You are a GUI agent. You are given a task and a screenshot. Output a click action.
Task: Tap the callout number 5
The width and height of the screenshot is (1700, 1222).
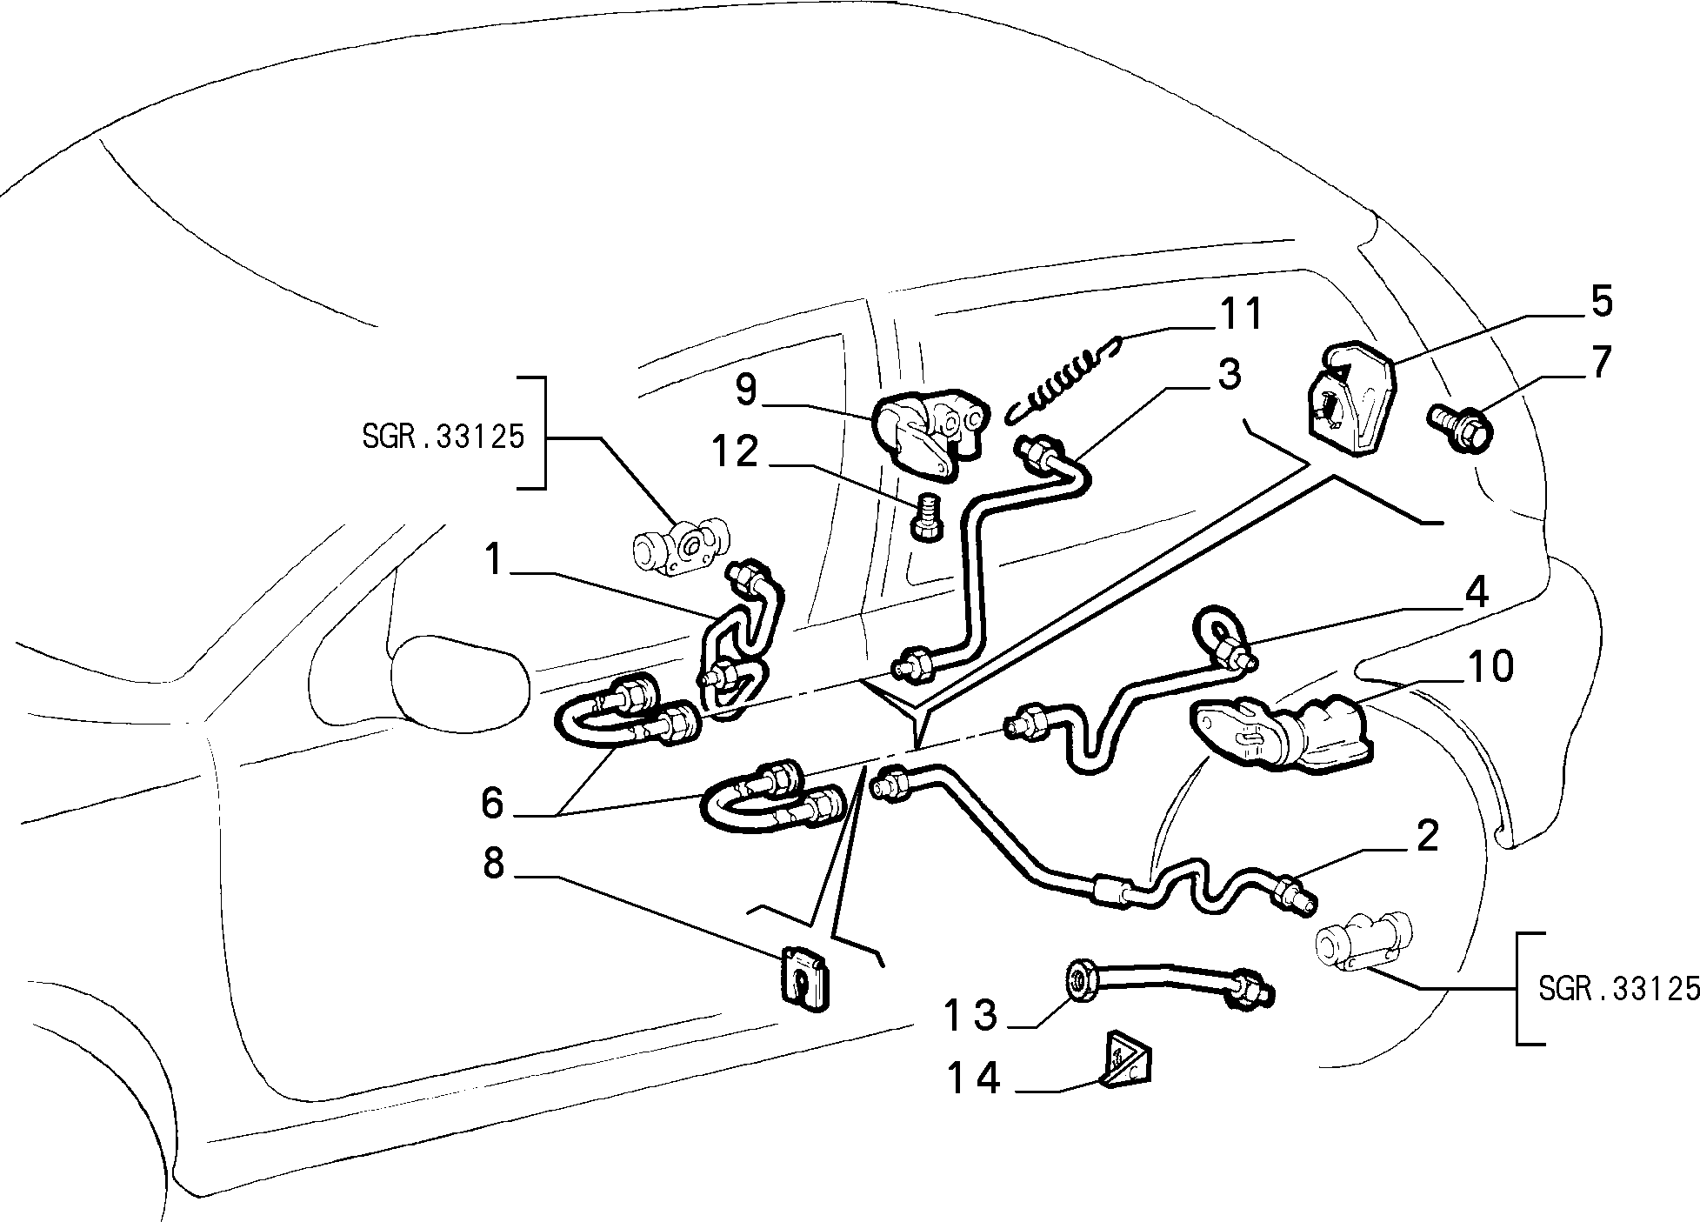(x=1601, y=301)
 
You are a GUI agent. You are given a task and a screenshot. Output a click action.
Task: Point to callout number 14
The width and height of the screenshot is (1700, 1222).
(x=973, y=1079)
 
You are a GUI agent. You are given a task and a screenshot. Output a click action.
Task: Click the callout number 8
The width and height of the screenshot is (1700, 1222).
(x=494, y=864)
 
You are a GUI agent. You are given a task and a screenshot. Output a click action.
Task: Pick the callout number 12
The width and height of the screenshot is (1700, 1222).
(x=736, y=452)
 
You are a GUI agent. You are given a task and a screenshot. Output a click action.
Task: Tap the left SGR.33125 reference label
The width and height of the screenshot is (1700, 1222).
(x=443, y=437)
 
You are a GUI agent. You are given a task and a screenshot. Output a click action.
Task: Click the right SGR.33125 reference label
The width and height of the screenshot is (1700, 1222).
(x=1618, y=988)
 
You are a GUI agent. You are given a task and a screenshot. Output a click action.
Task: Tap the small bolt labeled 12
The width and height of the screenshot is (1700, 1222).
(x=926, y=517)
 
